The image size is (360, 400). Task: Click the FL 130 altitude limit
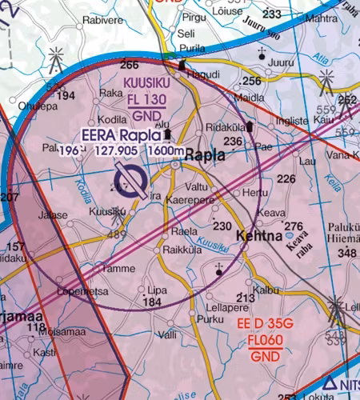(x=146, y=100)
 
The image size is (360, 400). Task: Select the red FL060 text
(x=266, y=339)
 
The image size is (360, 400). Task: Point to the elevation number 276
(x=294, y=226)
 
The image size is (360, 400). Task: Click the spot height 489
(x=117, y=234)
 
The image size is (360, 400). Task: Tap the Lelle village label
(x=351, y=306)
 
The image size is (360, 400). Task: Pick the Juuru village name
(x=282, y=62)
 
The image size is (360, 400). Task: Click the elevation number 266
(x=129, y=65)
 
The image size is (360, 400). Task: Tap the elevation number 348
(x=347, y=254)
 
